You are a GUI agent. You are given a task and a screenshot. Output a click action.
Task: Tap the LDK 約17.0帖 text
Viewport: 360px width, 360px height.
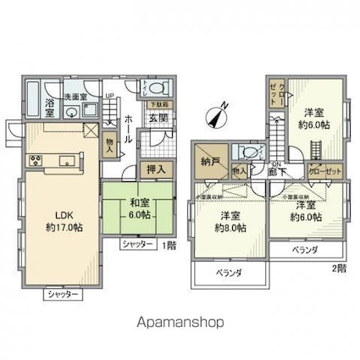pyautogui.click(x=61, y=219)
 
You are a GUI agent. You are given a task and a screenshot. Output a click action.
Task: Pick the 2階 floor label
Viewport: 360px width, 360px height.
pyautogui.click(x=338, y=268)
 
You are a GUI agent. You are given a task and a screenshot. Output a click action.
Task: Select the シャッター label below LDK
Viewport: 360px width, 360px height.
pyautogui.click(x=63, y=294)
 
